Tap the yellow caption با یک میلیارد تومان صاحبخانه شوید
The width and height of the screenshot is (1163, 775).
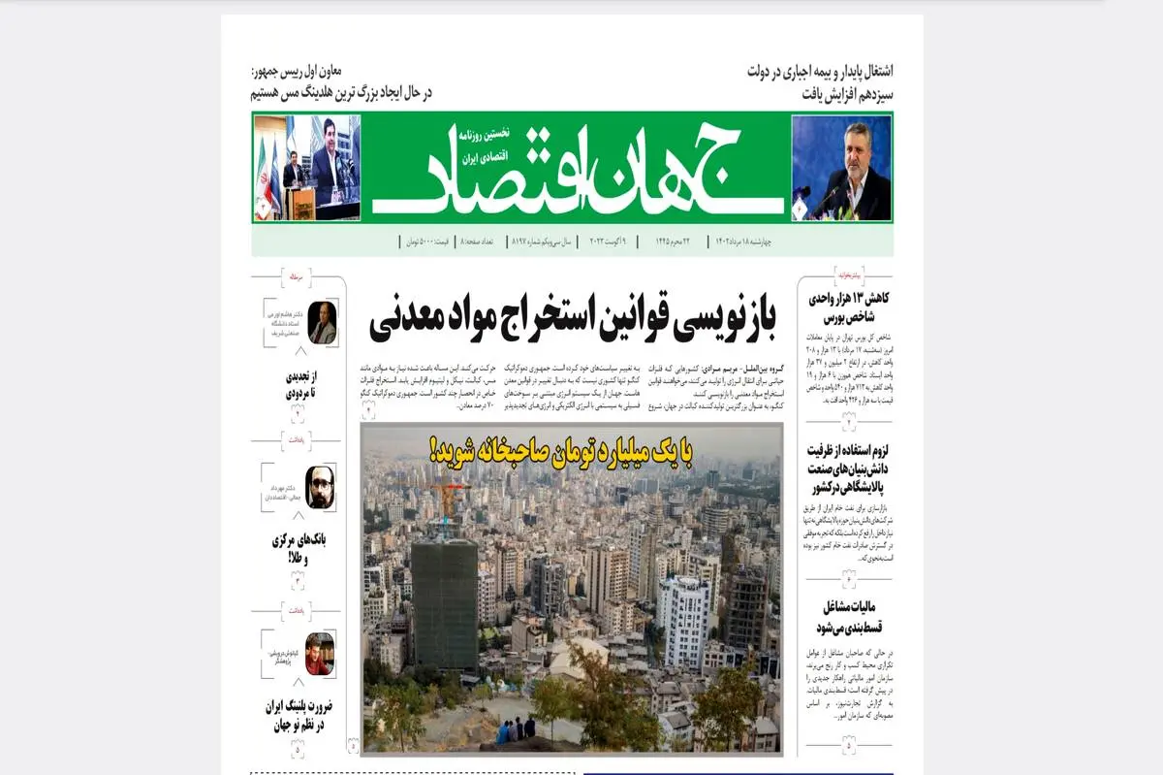(573, 450)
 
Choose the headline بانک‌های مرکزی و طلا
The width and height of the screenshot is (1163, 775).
(296, 549)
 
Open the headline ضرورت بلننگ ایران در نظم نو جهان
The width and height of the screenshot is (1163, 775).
(298, 715)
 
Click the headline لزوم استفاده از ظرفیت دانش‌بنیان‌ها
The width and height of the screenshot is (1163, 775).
(848, 469)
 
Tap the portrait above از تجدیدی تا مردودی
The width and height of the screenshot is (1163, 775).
(322, 323)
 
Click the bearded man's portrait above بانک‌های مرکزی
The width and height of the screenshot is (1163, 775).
(320, 487)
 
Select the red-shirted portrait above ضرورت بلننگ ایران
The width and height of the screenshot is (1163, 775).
(319, 654)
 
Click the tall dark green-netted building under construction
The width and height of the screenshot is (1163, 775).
(444, 601)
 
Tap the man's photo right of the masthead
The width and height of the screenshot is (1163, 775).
(841, 168)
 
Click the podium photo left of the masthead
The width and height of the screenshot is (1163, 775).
(306, 168)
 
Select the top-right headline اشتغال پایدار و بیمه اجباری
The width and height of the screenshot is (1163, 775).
(820, 82)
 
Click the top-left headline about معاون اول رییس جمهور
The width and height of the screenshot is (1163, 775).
(339, 82)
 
